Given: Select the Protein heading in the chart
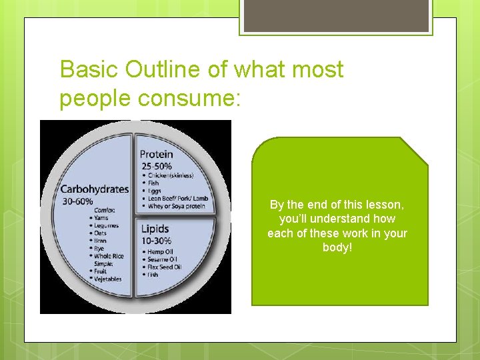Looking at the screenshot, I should click(x=156, y=155).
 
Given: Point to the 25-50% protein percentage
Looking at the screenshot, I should click(x=155, y=165).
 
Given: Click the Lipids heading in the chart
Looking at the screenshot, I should click(x=155, y=230).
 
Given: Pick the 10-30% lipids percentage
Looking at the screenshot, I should click(x=157, y=241).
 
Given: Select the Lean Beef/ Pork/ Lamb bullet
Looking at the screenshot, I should click(x=178, y=198).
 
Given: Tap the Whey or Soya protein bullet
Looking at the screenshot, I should click(x=176, y=206).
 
